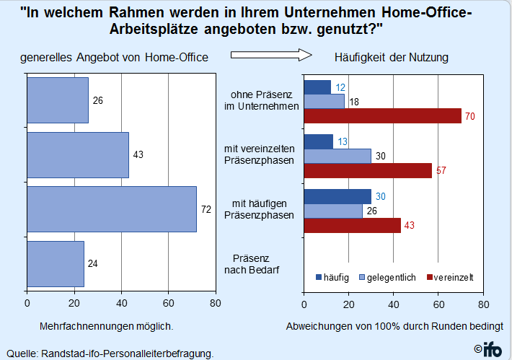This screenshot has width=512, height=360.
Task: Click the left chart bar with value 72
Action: [x=112, y=209]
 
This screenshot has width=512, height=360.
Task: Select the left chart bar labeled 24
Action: [x=56, y=264]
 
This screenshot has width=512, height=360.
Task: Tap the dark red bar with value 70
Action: [x=383, y=116]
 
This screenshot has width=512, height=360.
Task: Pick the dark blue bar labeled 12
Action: [x=317, y=87]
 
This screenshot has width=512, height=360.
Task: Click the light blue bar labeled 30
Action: [x=337, y=156]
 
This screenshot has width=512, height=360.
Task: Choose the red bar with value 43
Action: [x=353, y=225]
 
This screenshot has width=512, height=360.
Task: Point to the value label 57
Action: [x=441, y=170]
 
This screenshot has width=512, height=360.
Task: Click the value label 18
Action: [x=354, y=102]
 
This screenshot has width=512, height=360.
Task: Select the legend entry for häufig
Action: [x=332, y=277]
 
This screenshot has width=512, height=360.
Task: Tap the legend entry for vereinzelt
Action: [x=450, y=277]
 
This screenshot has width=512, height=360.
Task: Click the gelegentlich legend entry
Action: [x=387, y=277]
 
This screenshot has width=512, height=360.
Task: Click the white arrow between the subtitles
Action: [x=271, y=55]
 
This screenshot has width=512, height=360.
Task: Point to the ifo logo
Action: [x=488, y=349]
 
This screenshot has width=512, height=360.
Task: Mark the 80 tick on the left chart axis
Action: [x=216, y=303]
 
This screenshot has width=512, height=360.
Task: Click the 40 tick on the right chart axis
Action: [x=394, y=304]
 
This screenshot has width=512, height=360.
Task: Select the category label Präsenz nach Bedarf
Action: [x=252, y=264]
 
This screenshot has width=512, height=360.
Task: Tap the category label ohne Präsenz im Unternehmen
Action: [x=261, y=100]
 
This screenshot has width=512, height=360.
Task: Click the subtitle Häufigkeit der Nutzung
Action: [x=391, y=57]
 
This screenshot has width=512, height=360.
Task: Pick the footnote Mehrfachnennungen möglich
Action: [x=107, y=326]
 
